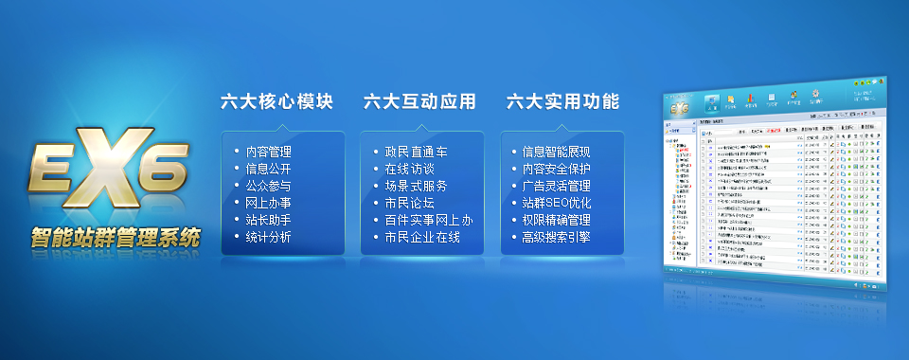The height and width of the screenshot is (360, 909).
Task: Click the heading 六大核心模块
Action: (276, 101)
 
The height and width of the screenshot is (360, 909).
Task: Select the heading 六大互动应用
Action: (419, 101)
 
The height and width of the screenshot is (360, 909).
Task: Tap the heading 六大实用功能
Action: (562, 101)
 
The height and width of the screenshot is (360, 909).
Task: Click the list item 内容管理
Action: (269, 152)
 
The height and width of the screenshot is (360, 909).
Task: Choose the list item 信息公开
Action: (269, 169)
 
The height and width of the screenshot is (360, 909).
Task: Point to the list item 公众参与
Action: (269, 186)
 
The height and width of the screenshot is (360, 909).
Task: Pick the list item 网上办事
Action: (269, 203)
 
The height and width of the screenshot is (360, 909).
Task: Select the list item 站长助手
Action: (269, 220)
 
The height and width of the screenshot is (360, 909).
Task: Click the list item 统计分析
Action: (269, 237)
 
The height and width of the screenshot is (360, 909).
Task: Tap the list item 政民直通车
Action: (417, 152)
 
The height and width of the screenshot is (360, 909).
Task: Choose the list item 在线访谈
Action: (409, 169)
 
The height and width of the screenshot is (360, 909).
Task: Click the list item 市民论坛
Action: (409, 203)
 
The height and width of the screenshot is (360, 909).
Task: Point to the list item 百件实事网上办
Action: (429, 220)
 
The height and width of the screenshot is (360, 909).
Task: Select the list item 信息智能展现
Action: (557, 152)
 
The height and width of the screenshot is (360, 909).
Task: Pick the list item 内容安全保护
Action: (557, 169)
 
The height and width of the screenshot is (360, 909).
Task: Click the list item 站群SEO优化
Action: (557, 203)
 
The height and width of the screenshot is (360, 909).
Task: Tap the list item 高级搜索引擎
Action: (557, 237)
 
